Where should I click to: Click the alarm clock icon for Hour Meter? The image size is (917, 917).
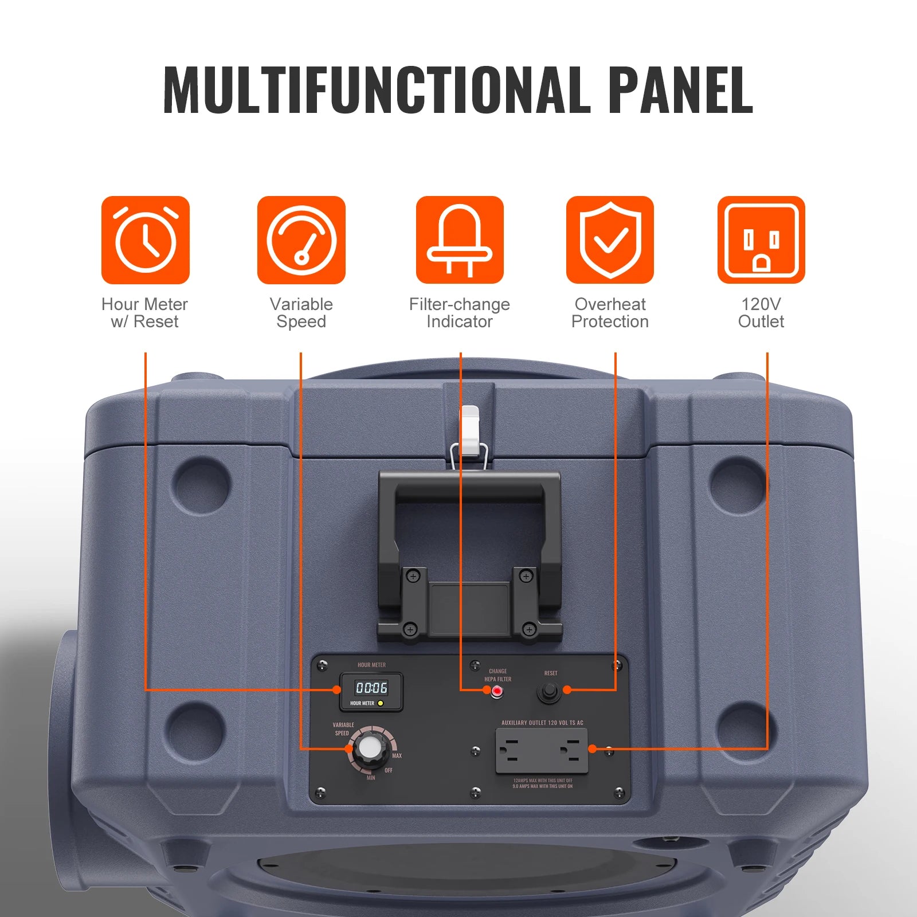tap(145, 240)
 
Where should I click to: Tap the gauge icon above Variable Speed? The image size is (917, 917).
tap(301, 240)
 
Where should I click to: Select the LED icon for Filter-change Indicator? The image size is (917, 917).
tap(460, 240)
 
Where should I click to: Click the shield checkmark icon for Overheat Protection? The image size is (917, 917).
tap(610, 240)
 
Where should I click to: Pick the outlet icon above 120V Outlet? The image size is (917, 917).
tap(761, 240)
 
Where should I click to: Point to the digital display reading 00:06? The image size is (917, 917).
tap(371, 687)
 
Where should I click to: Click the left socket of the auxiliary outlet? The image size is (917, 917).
tap(509, 749)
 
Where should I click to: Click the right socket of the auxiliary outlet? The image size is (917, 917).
tap(571, 749)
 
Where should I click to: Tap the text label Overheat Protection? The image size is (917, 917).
tap(610, 313)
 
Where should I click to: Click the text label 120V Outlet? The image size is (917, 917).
tap(761, 313)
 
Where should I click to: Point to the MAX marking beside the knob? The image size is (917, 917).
tap(397, 756)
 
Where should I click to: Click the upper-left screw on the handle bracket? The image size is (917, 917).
tap(413, 575)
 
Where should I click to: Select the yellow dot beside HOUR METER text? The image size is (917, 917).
tap(381, 703)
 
